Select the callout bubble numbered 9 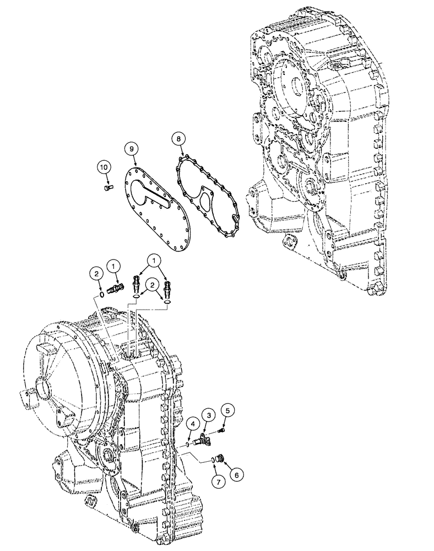130,148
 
